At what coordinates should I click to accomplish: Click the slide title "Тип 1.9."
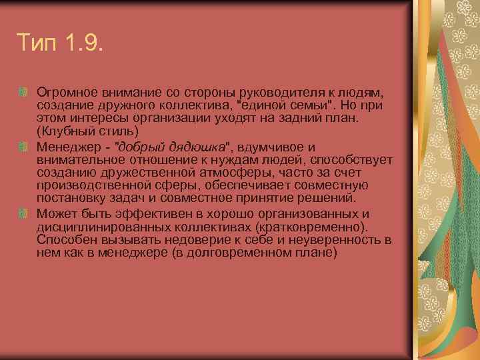click(60, 46)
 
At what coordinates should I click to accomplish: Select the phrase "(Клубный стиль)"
click(87, 131)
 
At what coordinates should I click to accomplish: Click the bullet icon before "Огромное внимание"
click(23, 91)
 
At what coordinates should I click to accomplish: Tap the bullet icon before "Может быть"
click(23, 213)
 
